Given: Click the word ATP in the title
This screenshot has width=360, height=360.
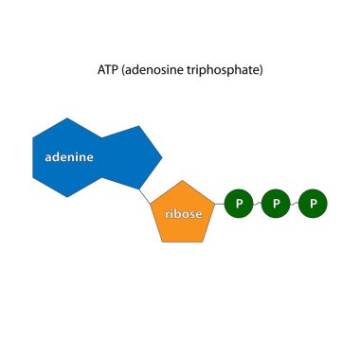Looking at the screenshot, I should [x=109, y=71].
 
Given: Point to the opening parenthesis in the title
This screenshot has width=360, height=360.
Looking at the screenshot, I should [x=125, y=71].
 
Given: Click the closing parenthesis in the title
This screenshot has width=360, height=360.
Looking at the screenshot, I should [x=261, y=71].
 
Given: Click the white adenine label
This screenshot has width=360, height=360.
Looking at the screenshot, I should [x=68, y=157].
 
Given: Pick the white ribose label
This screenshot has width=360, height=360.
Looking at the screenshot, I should [x=184, y=214].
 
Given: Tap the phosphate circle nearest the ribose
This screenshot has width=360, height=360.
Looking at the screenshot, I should [x=239, y=203].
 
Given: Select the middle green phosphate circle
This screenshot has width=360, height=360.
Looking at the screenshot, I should [x=275, y=203].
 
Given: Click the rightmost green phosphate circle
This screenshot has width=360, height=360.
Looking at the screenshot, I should [x=313, y=203].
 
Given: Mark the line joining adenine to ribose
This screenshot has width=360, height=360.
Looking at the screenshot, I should [x=147, y=196].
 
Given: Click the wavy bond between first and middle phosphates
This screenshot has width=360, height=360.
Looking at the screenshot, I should [x=257, y=203].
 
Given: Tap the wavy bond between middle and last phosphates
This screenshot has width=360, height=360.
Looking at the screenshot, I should [x=294, y=203].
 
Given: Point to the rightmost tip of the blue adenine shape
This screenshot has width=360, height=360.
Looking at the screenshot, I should [x=162, y=156].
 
